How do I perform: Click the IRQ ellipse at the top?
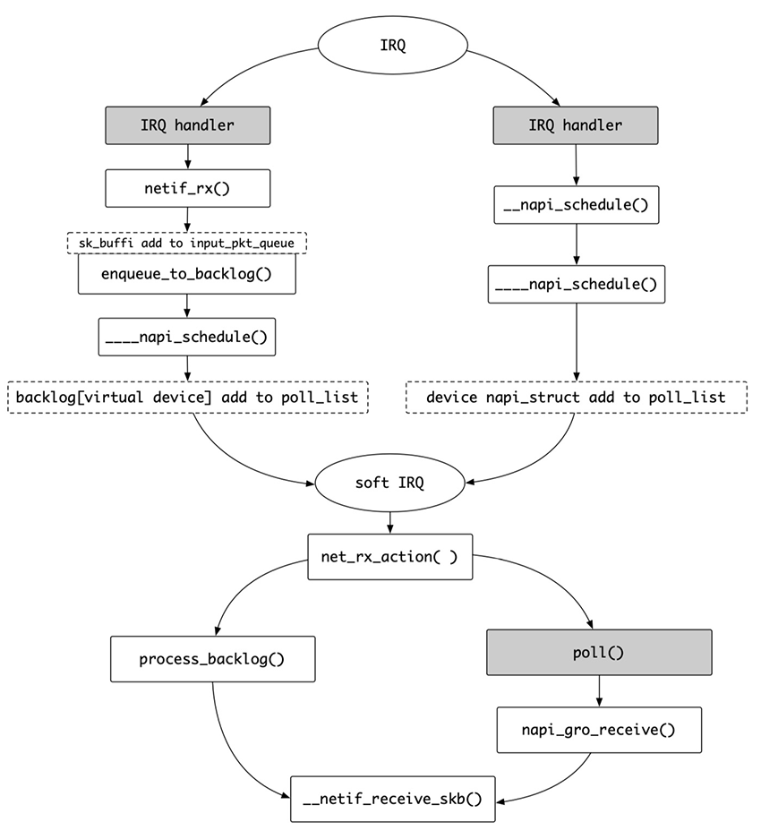coord(393,45)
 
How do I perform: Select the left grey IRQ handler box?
coord(188,125)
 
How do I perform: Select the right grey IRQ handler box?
coord(576,125)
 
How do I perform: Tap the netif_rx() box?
coord(188,188)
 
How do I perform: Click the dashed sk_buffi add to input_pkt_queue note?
coord(187,243)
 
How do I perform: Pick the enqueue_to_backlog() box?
coord(187,274)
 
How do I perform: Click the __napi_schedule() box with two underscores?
coord(577,205)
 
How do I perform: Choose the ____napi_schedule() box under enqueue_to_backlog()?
coord(187,337)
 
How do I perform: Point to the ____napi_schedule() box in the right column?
coord(577,284)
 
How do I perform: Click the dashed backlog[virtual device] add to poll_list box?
coord(188,397)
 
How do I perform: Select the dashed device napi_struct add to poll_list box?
coord(577,397)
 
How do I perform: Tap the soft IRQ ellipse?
coord(389,484)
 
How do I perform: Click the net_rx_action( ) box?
coord(390,556)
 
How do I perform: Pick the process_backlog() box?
coord(213,659)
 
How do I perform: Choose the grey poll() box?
coord(599,652)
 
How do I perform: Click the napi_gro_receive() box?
coord(599,730)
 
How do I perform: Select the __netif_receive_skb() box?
coord(393,799)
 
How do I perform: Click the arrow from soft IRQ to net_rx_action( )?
coord(390,523)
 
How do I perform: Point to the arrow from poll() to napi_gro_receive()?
coord(599,690)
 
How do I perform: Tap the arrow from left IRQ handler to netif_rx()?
coord(188,157)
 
